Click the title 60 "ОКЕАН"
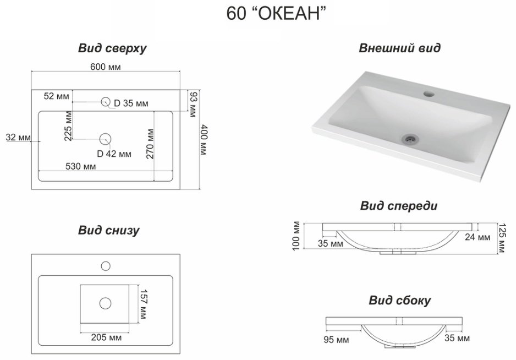point(276,13)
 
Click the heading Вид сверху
point(112,48)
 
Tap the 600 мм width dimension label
point(106,67)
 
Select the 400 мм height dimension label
point(204,140)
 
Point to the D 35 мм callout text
point(131,103)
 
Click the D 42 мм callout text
point(114,154)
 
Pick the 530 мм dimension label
point(81,166)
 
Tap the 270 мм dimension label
point(150,144)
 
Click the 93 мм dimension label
point(193,105)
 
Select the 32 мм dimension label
point(19,137)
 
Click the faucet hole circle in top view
point(105,102)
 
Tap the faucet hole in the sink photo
point(429,94)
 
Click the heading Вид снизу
point(108,230)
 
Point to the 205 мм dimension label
point(106,337)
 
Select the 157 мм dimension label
point(144,304)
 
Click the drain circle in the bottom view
point(105,303)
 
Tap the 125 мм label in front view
point(502,238)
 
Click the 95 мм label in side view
point(336,340)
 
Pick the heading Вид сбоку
point(399,301)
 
